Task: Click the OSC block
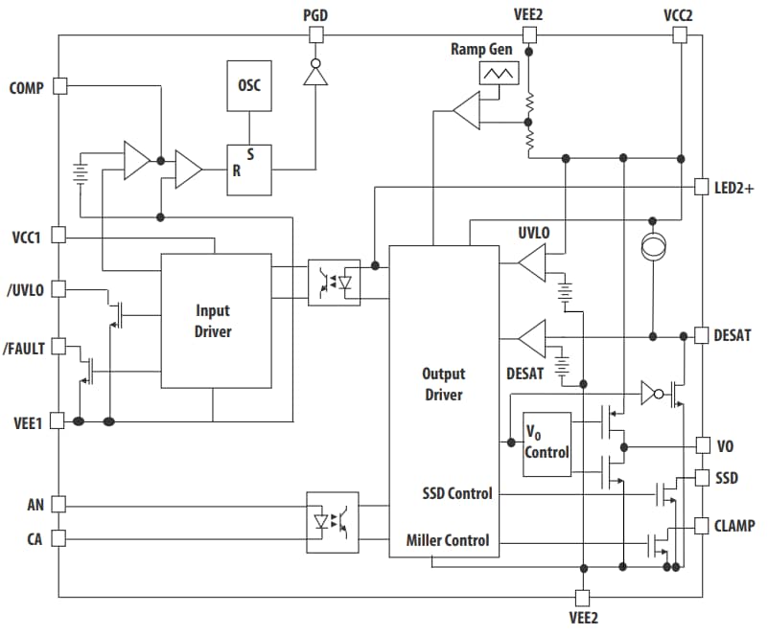click(x=249, y=85)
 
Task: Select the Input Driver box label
click(x=213, y=321)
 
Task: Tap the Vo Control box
click(x=547, y=443)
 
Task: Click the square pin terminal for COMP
click(x=59, y=85)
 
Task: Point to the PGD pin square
click(x=315, y=35)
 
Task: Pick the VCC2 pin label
click(x=680, y=14)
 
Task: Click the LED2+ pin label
click(x=733, y=188)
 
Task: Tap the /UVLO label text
click(x=26, y=289)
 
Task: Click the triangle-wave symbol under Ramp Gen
click(x=498, y=73)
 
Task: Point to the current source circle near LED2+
click(x=653, y=247)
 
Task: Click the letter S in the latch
click(x=250, y=153)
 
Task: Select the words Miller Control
click(x=447, y=540)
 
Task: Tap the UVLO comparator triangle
click(x=531, y=261)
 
